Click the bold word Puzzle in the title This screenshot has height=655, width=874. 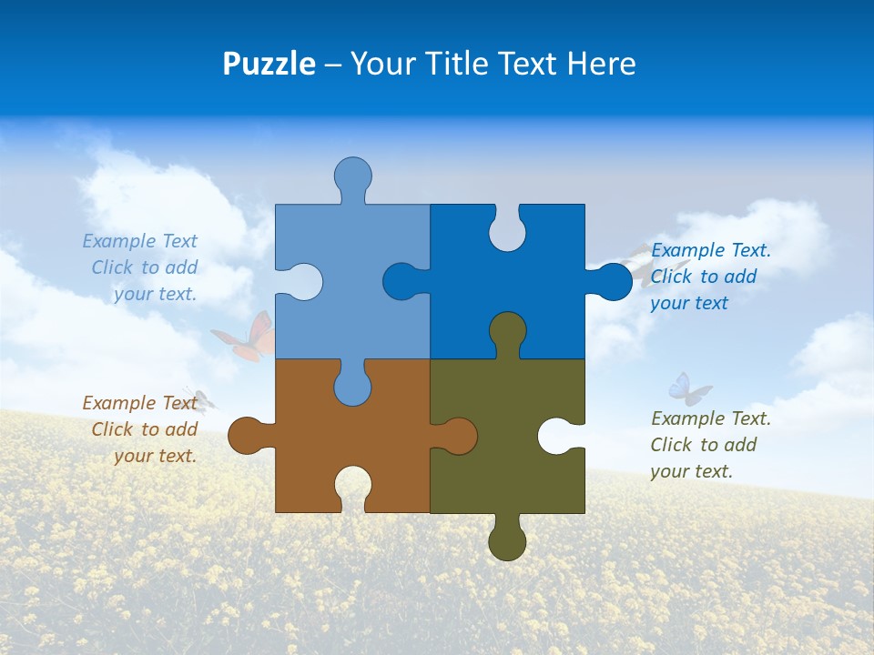coord(269,64)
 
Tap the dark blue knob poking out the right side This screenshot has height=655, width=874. coord(613,282)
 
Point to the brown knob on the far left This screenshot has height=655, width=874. coord(246,436)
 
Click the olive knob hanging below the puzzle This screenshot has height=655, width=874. coord(507,542)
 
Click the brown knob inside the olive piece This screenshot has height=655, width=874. coord(458,436)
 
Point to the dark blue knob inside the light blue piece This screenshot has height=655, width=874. coord(401,282)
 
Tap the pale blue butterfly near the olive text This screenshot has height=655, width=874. coord(688,388)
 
